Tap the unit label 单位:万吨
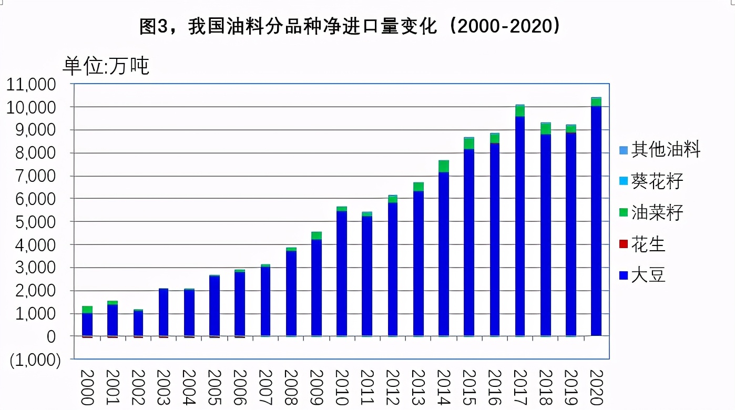point(107,66)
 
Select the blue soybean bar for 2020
point(596,221)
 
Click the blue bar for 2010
point(341,273)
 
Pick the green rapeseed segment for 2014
point(443,166)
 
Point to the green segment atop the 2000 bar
point(87,310)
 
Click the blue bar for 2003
point(164,312)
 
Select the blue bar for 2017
point(519,226)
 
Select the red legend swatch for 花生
point(624,244)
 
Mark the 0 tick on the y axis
point(51,336)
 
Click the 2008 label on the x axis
point(291,387)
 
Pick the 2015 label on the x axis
point(468,387)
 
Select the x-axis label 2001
point(113,387)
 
